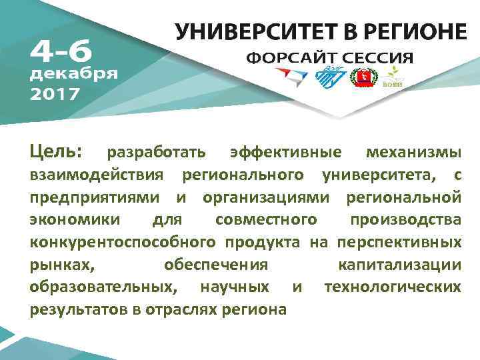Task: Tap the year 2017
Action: click(x=55, y=93)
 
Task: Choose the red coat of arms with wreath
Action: click(x=365, y=79)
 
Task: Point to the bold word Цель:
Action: click(x=56, y=153)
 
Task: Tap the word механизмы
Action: click(x=413, y=154)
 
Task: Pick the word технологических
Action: click(x=392, y=287)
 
